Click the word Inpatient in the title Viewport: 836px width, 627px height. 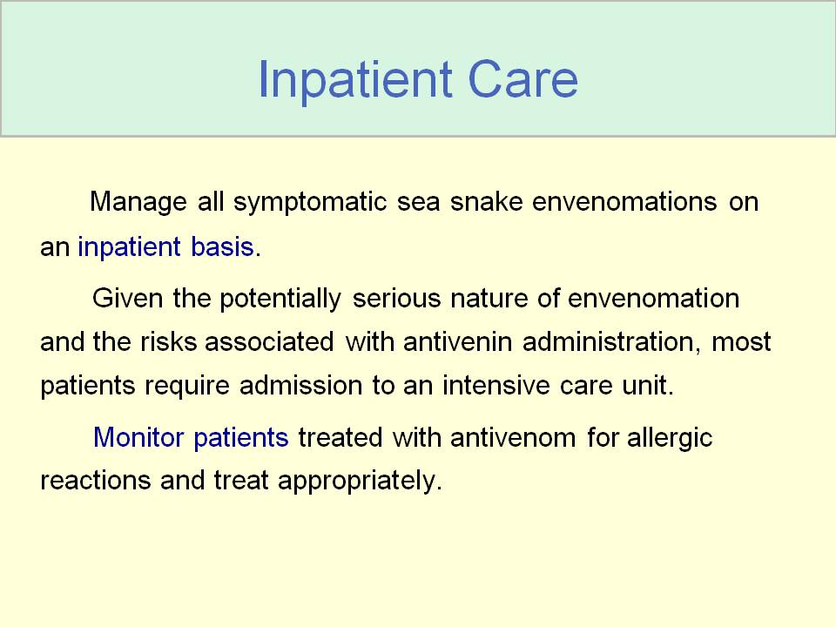(x=355, y=80)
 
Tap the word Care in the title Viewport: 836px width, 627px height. (x=522, y=79)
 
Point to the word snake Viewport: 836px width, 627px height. (x=486, y=201)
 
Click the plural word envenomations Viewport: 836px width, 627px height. (x=624, y=201)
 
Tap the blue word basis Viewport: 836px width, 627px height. (x=222, y=246)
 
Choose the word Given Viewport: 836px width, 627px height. (x=127, y=298)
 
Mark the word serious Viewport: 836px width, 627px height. (x=397, y=298)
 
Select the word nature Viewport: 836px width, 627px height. (x=489, y=299)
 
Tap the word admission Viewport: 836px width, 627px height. (x=301, y=385)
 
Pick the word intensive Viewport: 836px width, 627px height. (x=496, y=385)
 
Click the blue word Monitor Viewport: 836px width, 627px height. (x=138, y=437)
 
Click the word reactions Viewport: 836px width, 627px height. (x=96, y=480)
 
